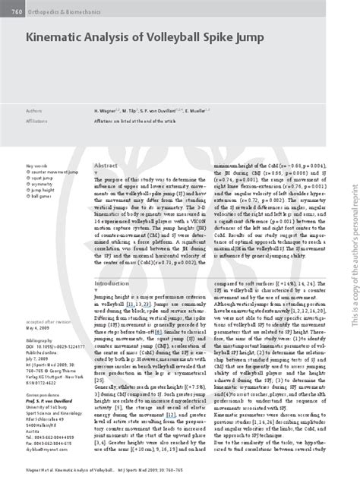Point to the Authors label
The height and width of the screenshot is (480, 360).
35,110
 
